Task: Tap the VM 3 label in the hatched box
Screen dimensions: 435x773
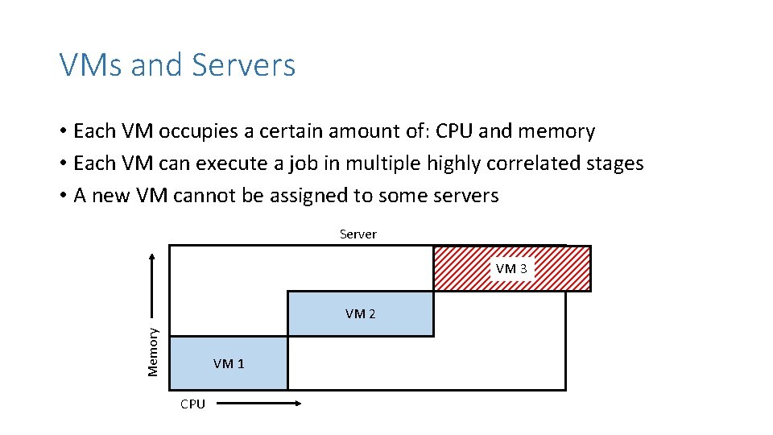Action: [x=511, y=268]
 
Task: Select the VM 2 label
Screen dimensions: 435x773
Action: [x=360, y=313]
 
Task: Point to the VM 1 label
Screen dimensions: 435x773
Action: [x=229, y=363]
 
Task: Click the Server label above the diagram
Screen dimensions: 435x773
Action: [x=358, y=234]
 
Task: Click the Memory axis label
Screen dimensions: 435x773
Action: [x=153, y=350]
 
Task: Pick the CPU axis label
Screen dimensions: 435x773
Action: [x=192, y=404]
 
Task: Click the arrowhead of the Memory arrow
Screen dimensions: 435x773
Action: [x=153, y=257]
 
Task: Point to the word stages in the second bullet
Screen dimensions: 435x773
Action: [x=616, y=164]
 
